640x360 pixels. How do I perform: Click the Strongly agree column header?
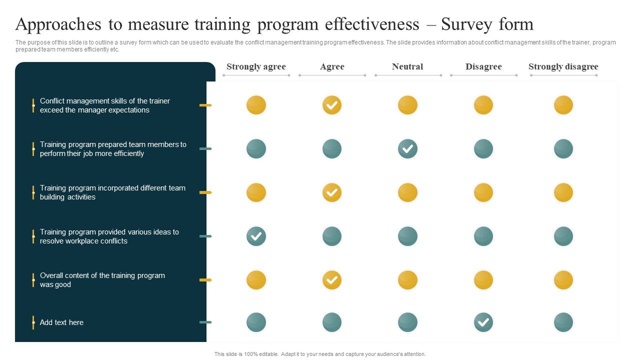[x=256, y=66]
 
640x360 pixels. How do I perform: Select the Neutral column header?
[x=407, y=66]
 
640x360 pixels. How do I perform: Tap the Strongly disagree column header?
[x=563, y=66]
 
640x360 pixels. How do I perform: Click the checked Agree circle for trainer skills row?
[x=332, y=105]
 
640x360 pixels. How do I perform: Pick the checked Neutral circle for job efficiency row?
[x=407, y=148]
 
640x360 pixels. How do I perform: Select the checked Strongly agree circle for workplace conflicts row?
[x=256, y=236]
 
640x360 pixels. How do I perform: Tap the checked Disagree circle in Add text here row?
[x=483, y=322]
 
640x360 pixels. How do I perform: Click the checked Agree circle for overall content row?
[x=332, y=280]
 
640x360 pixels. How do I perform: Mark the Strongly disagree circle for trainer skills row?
[x=563, y=105]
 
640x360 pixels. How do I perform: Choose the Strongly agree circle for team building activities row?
[x=256, y=192]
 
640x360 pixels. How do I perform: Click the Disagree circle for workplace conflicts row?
[x=483, y=236]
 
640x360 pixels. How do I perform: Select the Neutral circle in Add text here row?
[x=407, y=322]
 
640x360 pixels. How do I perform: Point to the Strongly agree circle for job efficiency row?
[x=256, y=148]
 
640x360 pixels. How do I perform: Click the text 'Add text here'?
[x=61, y=322]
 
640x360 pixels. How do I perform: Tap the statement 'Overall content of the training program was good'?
[x=102, y=280]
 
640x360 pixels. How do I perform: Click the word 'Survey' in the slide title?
[x=467, y=24]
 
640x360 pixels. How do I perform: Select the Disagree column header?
[x=483, y=66]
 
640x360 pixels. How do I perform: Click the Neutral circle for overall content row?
[x=407, y=280]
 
